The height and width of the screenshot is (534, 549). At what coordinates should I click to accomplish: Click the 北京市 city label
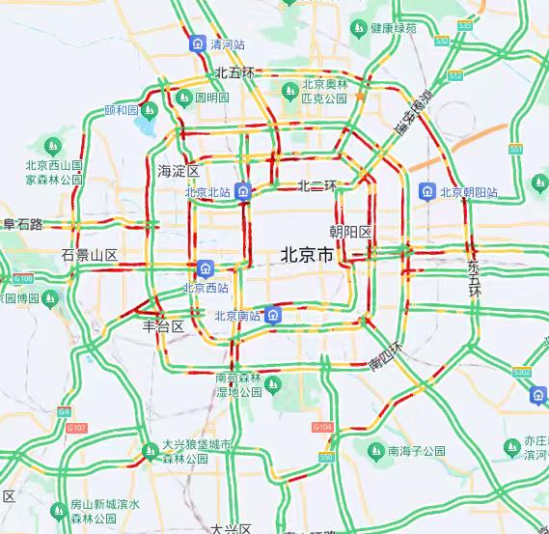tap(307, 256)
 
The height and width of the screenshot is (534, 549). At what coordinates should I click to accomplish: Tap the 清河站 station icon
tap(198, 43)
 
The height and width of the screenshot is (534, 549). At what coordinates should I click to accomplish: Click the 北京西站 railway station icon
tap(205, 267)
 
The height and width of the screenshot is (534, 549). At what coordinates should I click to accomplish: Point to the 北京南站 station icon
tap(275, 315)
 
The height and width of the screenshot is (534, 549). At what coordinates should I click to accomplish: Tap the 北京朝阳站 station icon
tap(425, 192)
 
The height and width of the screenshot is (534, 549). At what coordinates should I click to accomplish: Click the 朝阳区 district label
tap(349, 232)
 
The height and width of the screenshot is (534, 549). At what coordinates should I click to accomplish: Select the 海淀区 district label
tap(178, 171)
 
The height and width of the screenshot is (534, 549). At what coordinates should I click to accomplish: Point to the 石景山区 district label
tap(89, 255)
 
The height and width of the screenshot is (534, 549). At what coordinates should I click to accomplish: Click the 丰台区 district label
tap(163, 326)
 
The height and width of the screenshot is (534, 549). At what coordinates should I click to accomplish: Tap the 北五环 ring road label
tap(235, 72)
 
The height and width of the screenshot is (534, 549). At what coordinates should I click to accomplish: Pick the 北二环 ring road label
tap(316, 185)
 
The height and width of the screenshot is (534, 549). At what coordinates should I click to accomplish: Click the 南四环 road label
tap(386, 355)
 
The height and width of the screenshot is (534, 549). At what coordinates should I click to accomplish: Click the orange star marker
tap(360, 97)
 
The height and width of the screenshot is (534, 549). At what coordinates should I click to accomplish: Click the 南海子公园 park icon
tap(375, 450)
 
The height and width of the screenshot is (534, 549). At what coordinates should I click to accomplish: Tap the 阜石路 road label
tap(21, 224)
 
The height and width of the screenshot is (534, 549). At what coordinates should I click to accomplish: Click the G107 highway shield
tap(77, 427)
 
